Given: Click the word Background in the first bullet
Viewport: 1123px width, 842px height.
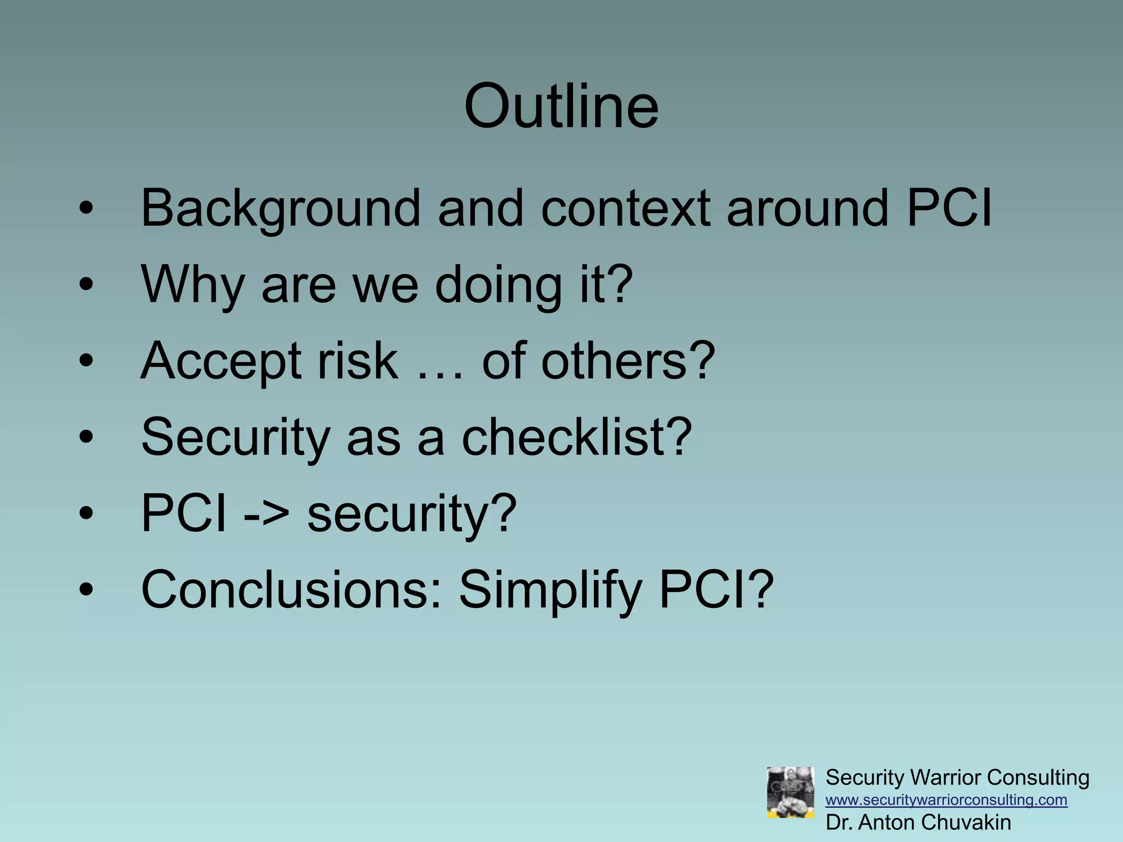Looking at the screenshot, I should click(x=280, y=209).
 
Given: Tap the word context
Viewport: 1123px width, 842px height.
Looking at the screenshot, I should click(x=625, y=209).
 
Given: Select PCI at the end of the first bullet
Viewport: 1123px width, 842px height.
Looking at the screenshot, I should click(x=949, y=209).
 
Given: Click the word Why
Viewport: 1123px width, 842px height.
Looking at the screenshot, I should click(x=192, y=285).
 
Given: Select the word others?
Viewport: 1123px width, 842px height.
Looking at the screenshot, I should click(x=628, y=362).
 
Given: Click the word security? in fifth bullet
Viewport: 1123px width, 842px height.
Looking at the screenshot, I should click(x=412, y=515).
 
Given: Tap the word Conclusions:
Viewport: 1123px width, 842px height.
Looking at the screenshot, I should click(x=291, y=590).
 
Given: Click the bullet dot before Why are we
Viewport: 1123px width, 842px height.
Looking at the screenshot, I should click(x=86, y=285).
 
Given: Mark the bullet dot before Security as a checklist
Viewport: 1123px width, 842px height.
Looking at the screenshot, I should click(x=86, y=437).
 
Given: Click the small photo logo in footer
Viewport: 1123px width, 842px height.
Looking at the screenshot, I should click(x=790, y=792).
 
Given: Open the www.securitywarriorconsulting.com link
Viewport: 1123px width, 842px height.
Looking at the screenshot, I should click(x=946, y=800).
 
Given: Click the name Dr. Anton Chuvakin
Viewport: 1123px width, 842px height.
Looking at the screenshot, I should click(x=918, y=823).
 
